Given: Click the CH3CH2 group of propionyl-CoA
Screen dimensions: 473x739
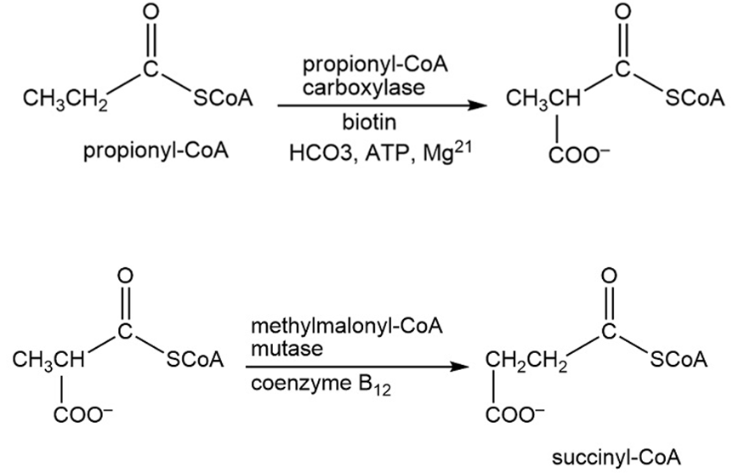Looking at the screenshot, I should (61, 100).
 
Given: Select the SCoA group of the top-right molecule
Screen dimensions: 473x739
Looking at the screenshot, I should (695, 99).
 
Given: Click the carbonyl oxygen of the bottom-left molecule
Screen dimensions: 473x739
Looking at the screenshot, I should (125, 274).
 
